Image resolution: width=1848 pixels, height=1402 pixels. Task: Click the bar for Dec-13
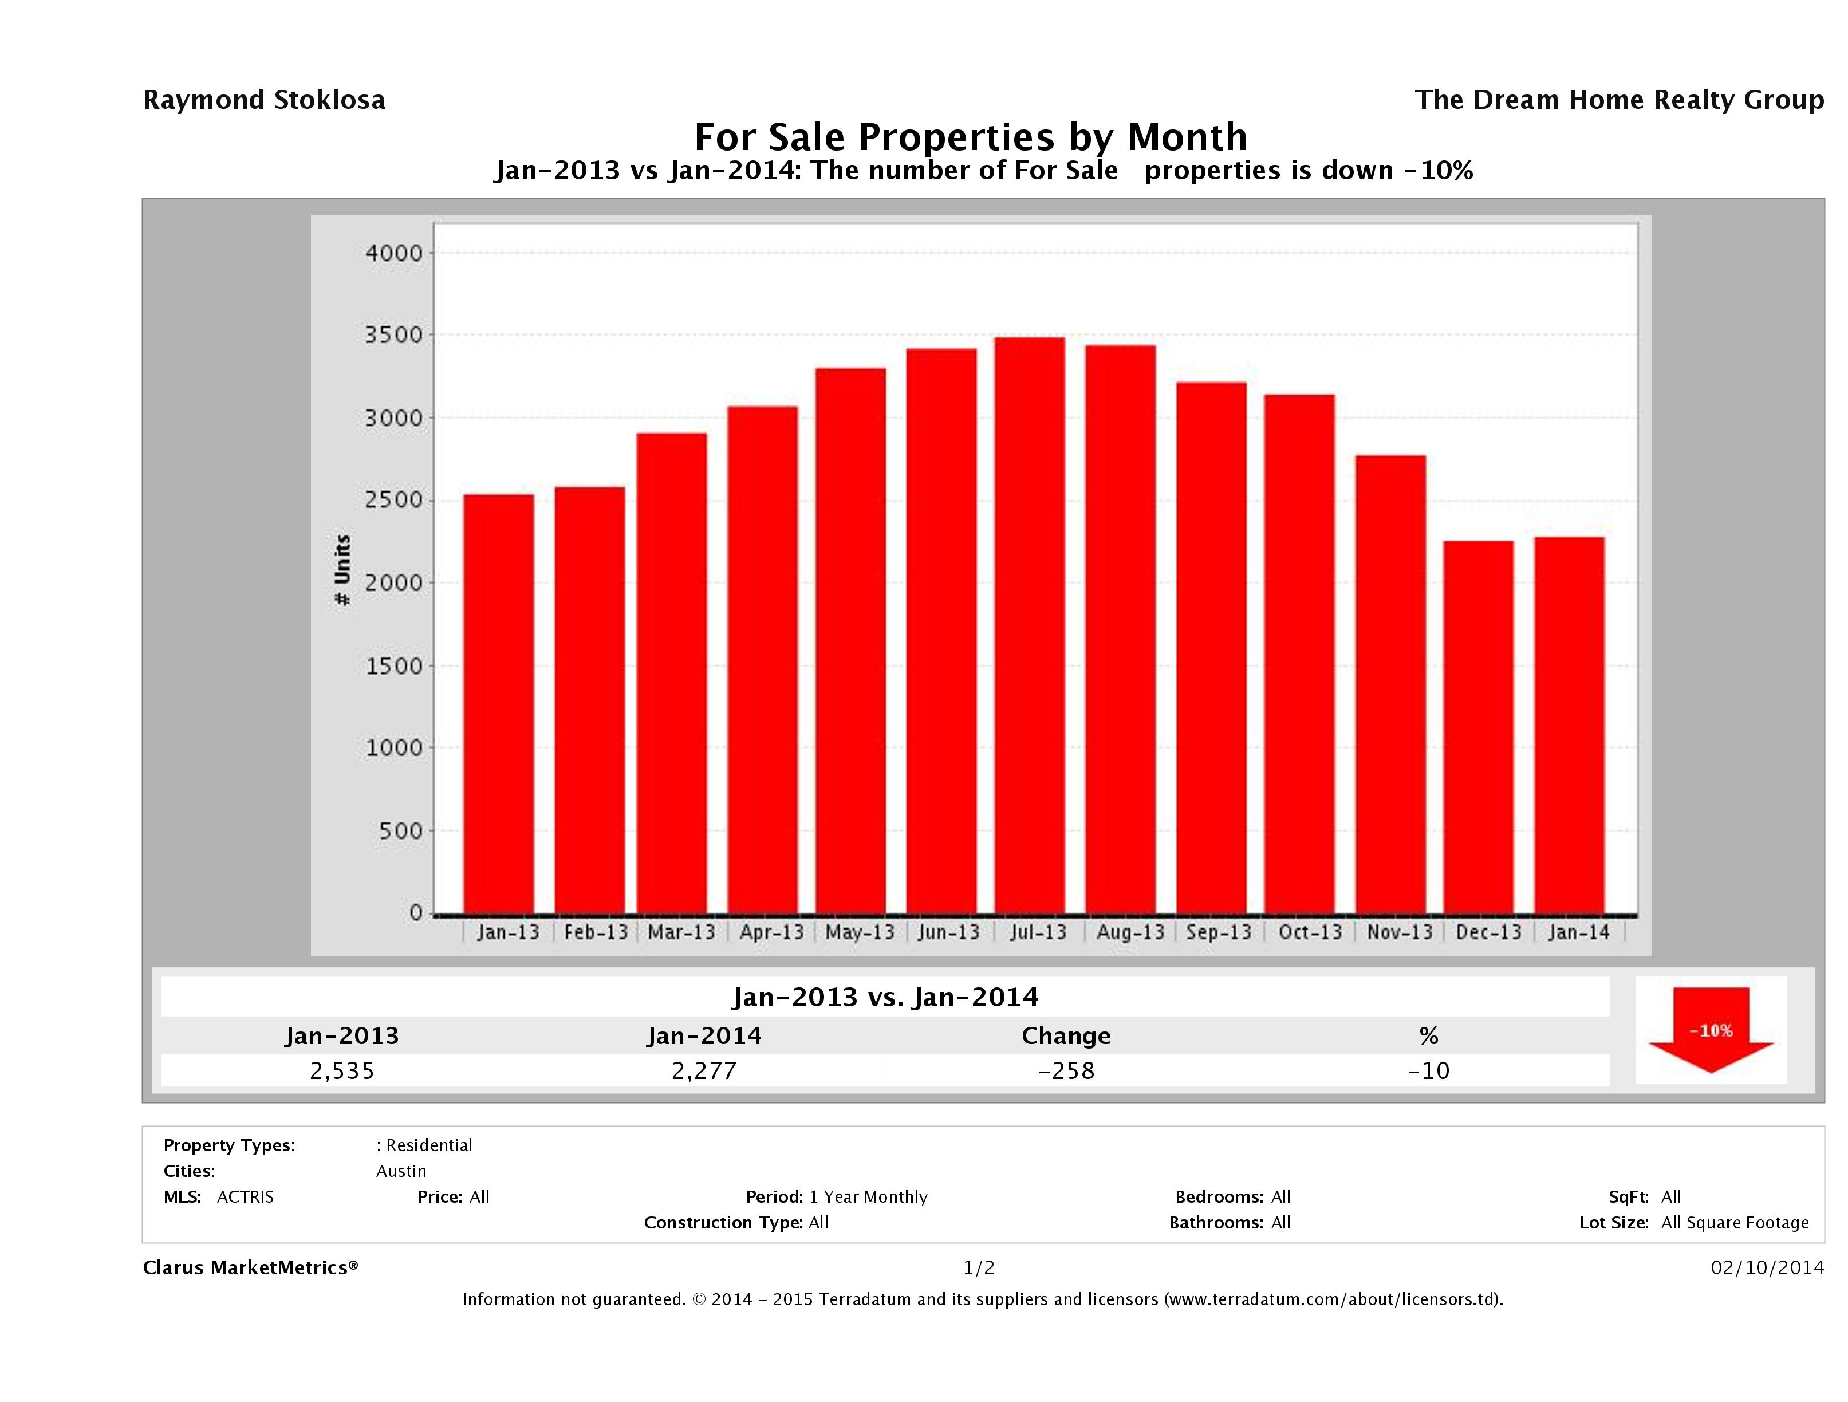click(x=1478, y=727)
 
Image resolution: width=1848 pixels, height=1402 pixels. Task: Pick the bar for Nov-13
click(x=1390, y=684)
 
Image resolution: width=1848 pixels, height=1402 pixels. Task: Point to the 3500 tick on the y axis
click(x=395, y=335)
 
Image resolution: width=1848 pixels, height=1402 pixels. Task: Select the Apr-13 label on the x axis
click(x=771, y=932)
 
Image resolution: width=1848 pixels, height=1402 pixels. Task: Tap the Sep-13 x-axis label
click(x=1219, y=932)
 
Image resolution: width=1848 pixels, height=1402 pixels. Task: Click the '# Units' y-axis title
click(x=342, y=570)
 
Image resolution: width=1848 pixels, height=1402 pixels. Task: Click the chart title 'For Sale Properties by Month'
click(x=971, y=136)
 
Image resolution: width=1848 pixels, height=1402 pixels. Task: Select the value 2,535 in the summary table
click(x=342, y=1070)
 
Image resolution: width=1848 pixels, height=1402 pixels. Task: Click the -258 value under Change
click(x=1066, y=1070)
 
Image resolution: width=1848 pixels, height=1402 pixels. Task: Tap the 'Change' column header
click(x=1066, y=1036)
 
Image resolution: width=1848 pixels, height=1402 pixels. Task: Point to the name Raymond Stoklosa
click(x=264, y=100)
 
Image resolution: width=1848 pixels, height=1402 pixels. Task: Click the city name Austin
click(x=401, y=1171)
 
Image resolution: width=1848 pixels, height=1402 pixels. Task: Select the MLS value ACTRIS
click(x=245, y=1196)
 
